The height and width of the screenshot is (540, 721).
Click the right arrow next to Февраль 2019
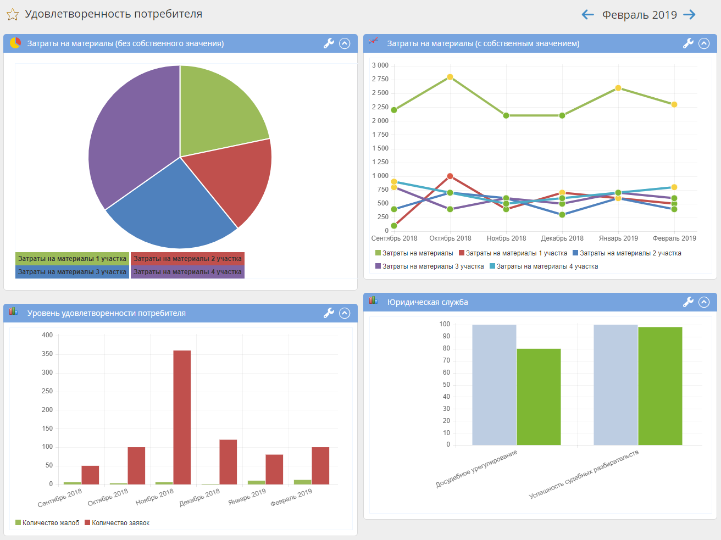click(x=690, y=15)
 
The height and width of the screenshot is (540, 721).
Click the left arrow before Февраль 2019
click(x=587, y=15)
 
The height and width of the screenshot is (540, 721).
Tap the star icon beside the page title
click(x=12, y=15)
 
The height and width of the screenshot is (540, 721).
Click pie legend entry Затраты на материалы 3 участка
click(x=72, y=272)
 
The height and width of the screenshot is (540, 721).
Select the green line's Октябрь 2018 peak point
click(x=450, y=77)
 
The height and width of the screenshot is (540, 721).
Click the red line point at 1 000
click(x=450, y=176)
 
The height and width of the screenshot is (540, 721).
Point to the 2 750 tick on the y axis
click(x=380, y=79)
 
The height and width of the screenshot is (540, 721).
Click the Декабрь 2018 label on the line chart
click(x=562, y=238)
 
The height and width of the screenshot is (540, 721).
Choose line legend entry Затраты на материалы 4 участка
click(x=547, y=266)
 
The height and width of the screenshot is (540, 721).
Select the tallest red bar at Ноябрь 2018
click(x=182, y=417)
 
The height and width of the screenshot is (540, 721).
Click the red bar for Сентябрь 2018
click(x=90, y=475)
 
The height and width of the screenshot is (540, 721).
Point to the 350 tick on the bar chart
click(x=47, y=354)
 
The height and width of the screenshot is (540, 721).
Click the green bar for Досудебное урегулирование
click(x=539, y=397)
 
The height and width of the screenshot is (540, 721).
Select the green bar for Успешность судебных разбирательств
click(x=660, y=386)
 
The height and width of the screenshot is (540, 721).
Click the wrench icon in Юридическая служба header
click(x=688, y=302)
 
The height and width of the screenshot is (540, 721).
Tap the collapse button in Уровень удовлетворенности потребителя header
click(x=345, y=313)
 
